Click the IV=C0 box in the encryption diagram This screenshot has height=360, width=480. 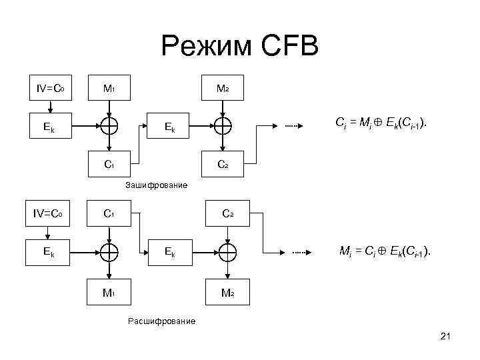pos(49,88)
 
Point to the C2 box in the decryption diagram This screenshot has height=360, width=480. pos(227,214)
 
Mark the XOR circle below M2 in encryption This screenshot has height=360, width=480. pos(222,125)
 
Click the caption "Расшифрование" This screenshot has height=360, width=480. pos(161,321)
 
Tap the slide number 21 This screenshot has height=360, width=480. pos(446,339)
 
